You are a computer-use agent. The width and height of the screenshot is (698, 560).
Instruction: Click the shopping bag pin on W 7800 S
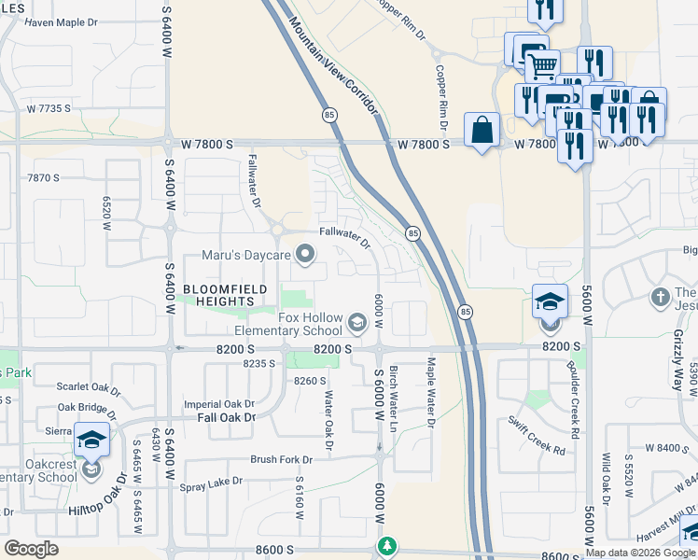pos(482,131)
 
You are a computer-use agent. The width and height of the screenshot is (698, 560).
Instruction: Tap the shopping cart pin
pos(542,66)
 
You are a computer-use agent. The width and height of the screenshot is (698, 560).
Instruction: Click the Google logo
pos(32,549)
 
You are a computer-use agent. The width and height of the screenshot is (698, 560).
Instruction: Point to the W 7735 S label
pos(49,109)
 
